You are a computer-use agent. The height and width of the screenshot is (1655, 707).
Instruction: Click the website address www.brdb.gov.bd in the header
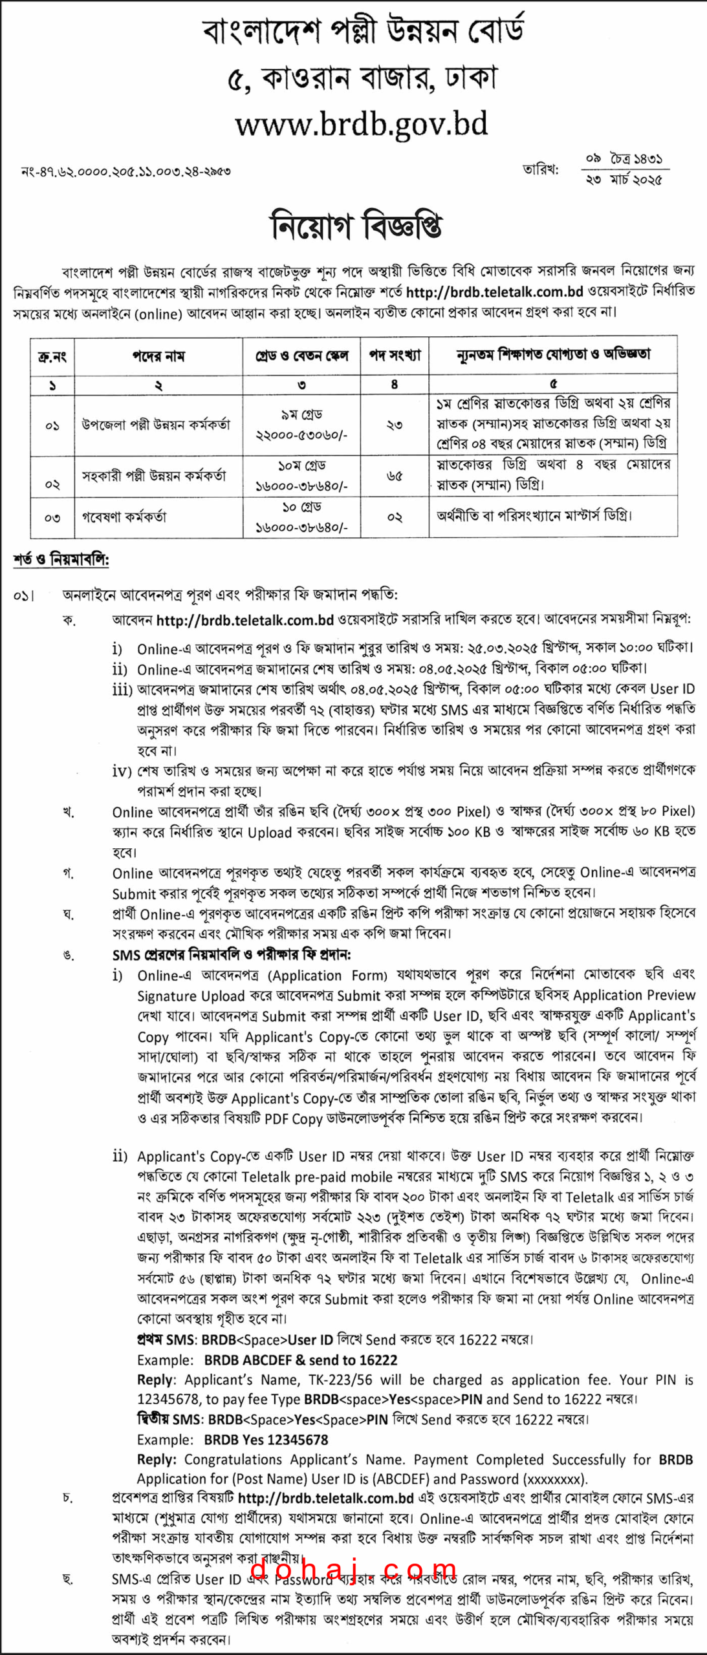(x=361, y=125)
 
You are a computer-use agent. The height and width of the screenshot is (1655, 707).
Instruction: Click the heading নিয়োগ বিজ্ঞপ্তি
(x=356, y=226)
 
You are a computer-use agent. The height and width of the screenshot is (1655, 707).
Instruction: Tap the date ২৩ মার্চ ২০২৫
(x=624, y=179)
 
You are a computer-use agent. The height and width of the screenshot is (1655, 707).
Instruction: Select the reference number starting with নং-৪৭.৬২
(x=126, y=171)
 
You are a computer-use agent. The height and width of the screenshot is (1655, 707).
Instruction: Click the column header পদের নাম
(x=158, y=356)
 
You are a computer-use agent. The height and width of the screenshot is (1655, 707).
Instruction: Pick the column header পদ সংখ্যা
(x=395, y=356)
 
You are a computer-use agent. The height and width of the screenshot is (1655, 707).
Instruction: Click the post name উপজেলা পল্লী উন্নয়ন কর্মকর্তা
(x=156, y=425)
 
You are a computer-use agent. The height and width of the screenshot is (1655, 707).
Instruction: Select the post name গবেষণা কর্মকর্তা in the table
(x=124, y=517)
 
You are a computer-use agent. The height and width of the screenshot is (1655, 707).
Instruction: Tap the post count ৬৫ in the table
(x=395, y=476)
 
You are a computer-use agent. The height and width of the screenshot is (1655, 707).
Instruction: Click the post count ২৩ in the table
(x=395, y=425)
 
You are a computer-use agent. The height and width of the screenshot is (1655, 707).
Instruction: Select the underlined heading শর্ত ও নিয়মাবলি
(x=61, y=560)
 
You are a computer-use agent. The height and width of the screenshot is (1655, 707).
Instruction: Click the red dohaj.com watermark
(x=353, y=1572)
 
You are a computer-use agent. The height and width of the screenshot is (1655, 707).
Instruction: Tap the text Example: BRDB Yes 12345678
(x=232, y=1440)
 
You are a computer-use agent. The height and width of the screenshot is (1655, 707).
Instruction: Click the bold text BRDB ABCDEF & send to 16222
(x=300, y=1360)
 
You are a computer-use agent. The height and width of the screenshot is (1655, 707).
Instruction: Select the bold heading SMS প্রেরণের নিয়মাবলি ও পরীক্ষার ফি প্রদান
(x=232, y=954)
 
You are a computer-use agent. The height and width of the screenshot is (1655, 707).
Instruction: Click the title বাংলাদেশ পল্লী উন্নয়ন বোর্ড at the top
(x=362, y=31)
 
